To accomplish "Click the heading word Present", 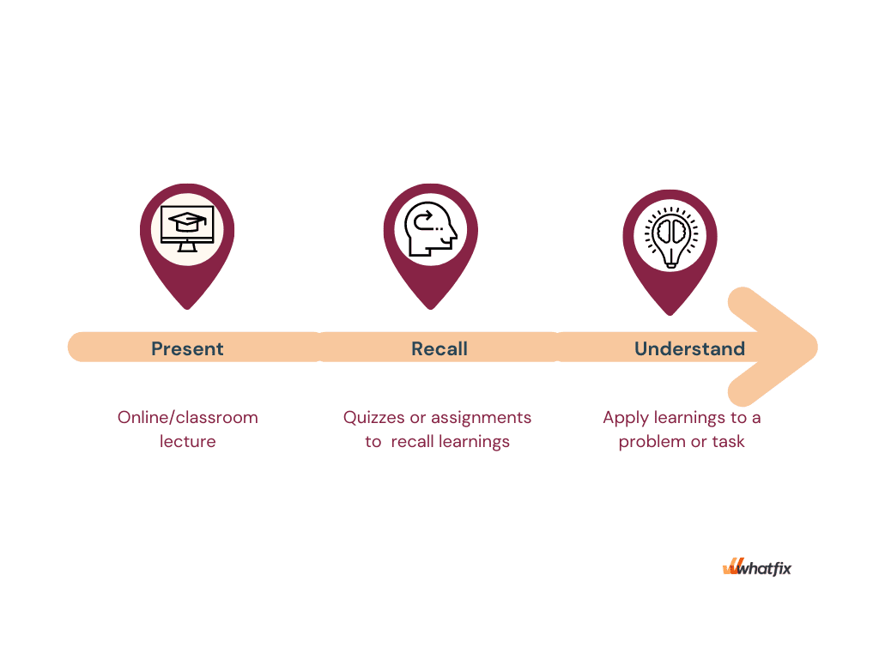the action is [187, 348].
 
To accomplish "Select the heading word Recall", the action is [439, 348].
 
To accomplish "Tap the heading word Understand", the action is [689, 348].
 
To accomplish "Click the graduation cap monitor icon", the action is [187, 228].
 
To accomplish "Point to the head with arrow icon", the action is [431, 228].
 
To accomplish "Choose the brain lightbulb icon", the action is [670, 236].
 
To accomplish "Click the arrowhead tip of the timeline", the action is [817, 347].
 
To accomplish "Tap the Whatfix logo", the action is [757, 567].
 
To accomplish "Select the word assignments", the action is [481, 418].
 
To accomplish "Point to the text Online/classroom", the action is [188, 418].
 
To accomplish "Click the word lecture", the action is [188, 442].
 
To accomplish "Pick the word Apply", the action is [626, 419].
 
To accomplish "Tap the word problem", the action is [652, 442].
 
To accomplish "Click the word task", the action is [728, 442].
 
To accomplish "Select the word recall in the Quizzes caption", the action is [413, 442].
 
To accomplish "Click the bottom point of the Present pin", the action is [187, 309].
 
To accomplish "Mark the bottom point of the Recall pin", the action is [431, 309].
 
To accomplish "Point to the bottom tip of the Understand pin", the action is [670, 315].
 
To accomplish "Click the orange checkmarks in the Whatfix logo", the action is [732, 566].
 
